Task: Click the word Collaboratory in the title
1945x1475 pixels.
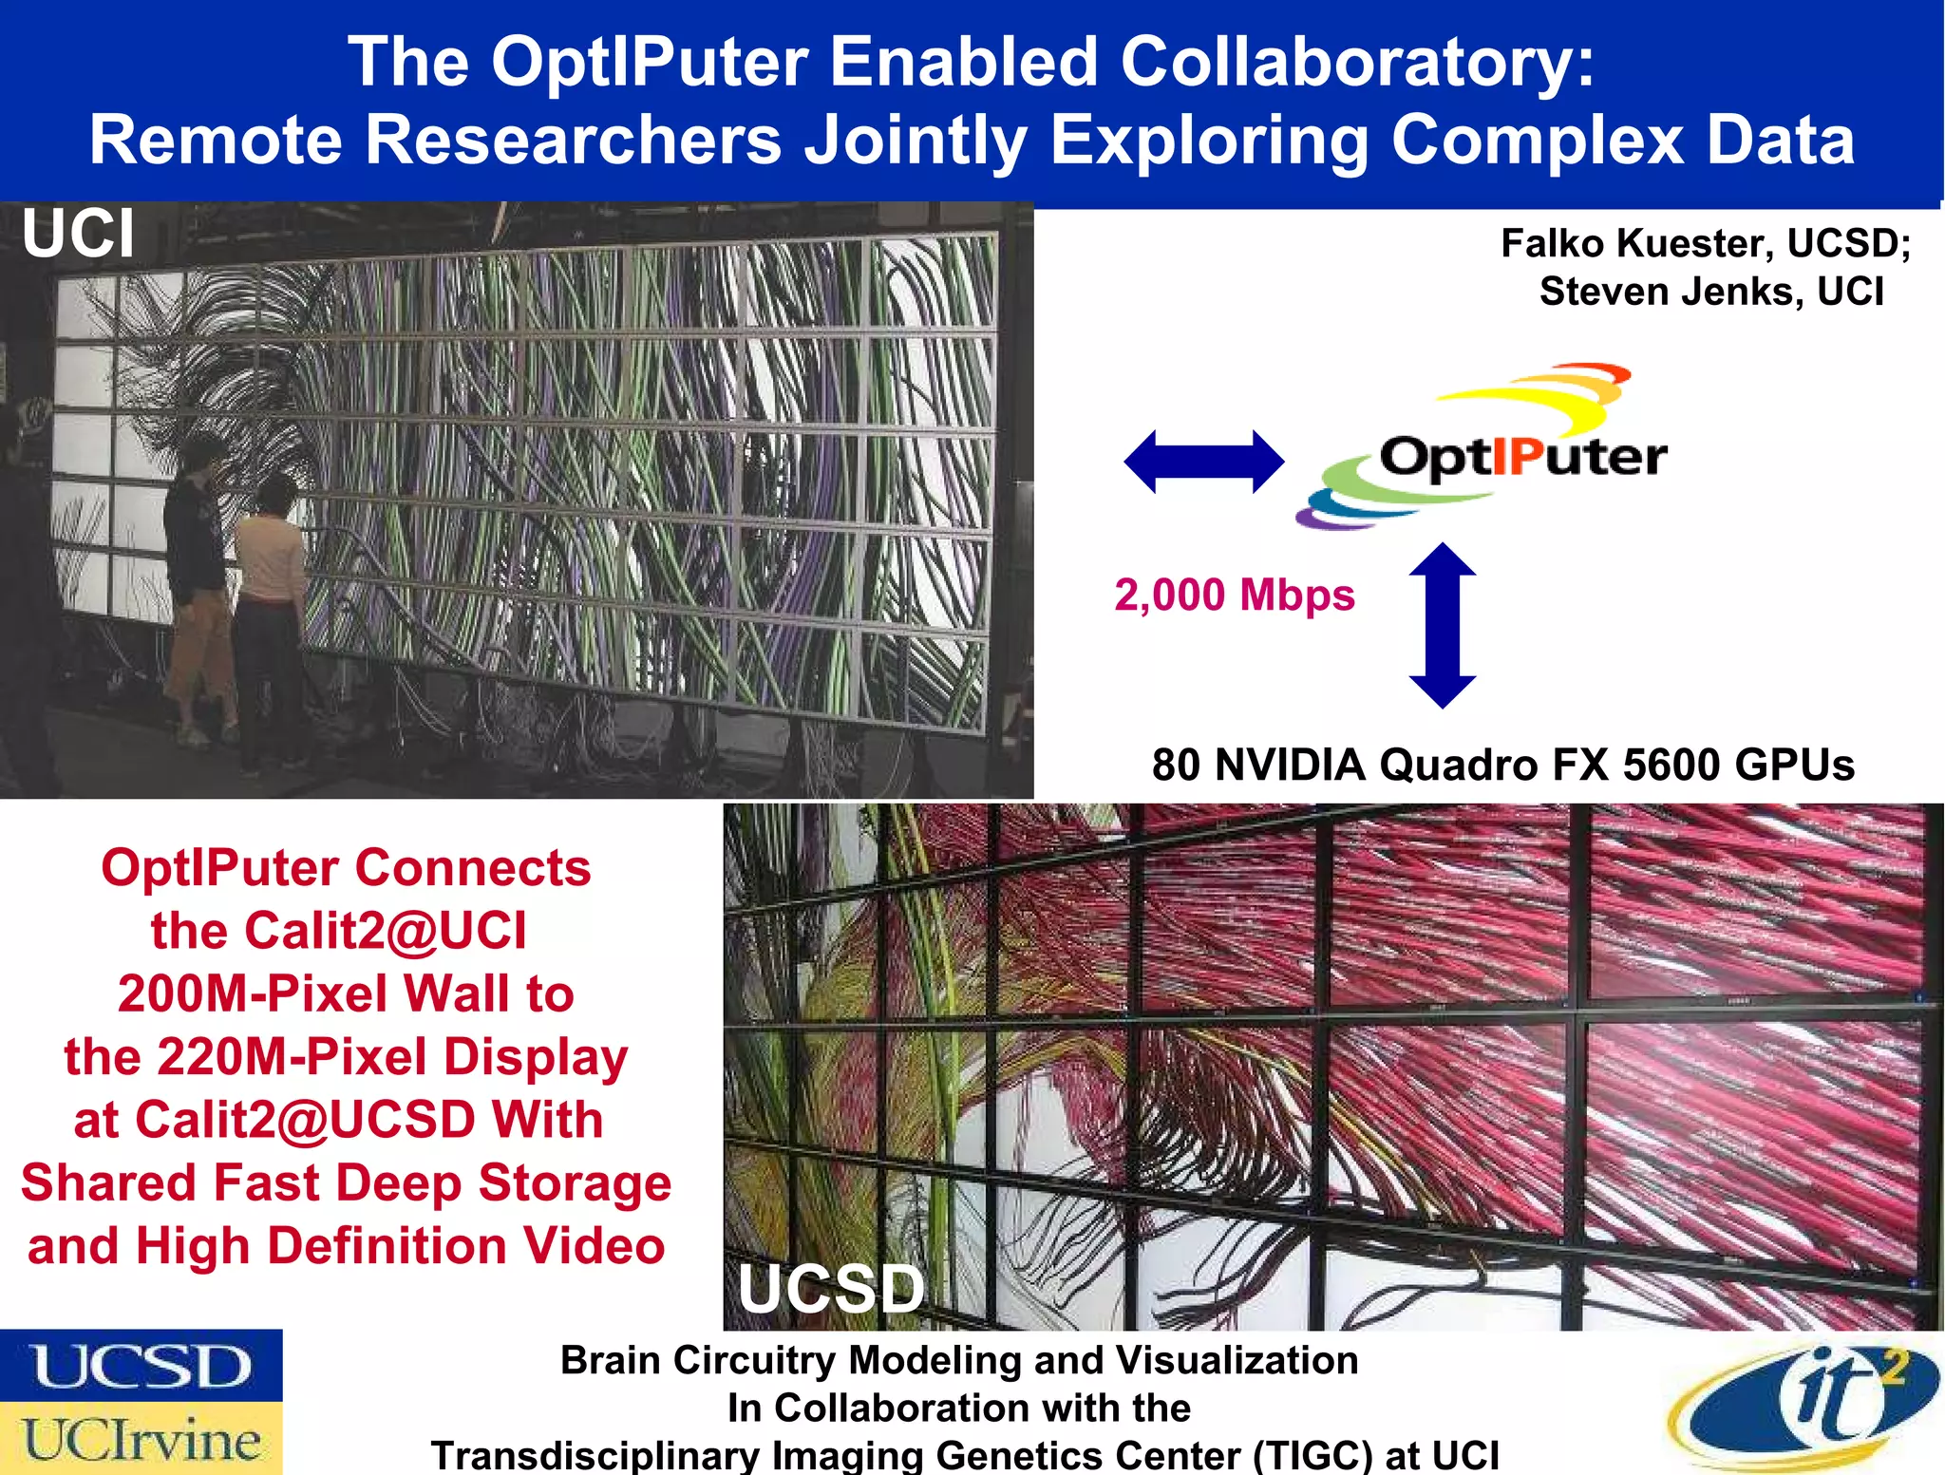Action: (1357, 62)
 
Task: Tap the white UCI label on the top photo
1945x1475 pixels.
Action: (78, 234)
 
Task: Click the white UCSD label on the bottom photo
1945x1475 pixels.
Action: (831, 1289)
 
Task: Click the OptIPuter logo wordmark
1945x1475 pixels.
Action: (1522, 457)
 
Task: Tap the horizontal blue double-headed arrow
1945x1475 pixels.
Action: (1203, 462)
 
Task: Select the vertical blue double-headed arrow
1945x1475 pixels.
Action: (1442, 625)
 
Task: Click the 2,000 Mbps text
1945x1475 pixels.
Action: (1234, 596)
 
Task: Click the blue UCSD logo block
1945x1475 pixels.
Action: (142, 1365)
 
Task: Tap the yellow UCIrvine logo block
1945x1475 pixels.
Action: (142, 1439)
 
